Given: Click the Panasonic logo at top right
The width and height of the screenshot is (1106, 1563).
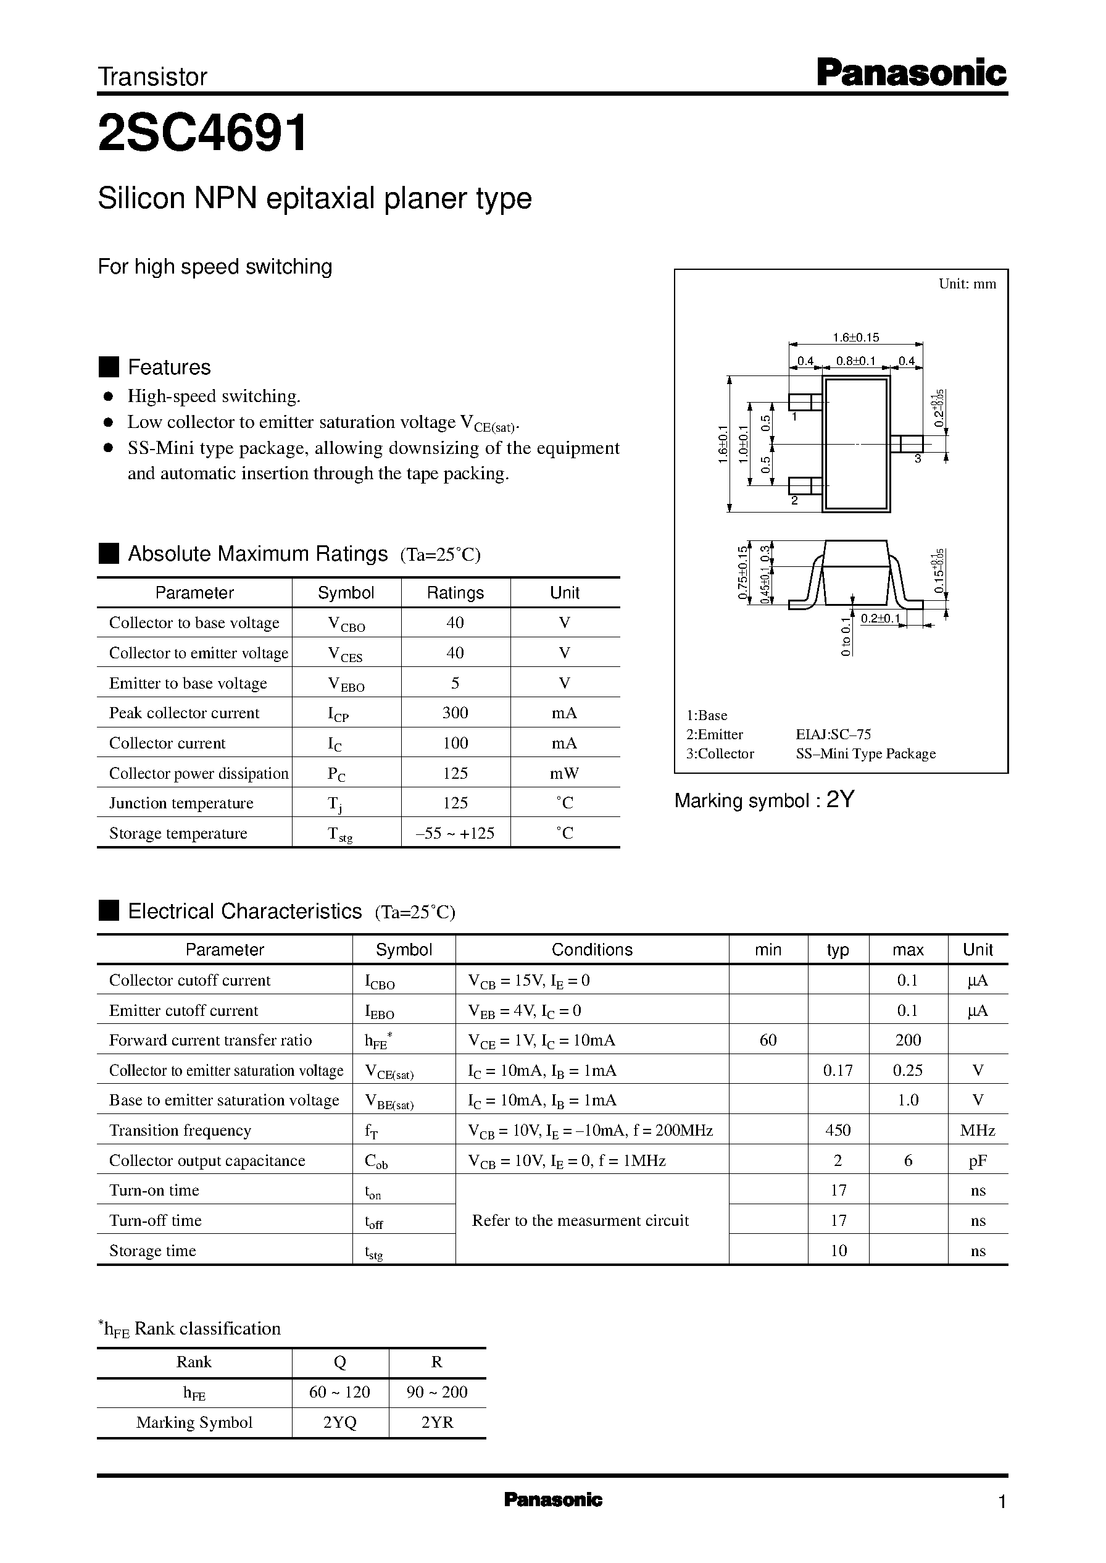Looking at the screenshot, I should [x=911, y=73].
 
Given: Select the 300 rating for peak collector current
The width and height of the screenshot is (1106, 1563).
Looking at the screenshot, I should [x=455, y=713].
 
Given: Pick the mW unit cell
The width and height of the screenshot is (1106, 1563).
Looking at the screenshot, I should [x=565, y=773].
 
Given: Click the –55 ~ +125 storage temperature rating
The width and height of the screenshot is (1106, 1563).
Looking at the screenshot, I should [x=455, y=833].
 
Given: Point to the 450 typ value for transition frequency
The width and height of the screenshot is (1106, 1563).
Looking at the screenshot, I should [x=838, y=1130].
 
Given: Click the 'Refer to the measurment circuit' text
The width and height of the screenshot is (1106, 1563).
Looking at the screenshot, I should [x=580, y=1220].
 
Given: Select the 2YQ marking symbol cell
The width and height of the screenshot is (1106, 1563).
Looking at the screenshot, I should [x=340, y=1422].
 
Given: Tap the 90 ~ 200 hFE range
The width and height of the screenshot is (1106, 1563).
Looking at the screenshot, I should [x=436, y=1392].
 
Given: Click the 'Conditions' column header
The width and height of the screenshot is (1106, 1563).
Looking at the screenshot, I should [x=592, y=950].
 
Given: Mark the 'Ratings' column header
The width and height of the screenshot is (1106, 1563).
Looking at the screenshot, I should [x=455, y=593].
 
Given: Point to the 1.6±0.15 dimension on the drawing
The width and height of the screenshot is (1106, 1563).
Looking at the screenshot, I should [x=856, y=337].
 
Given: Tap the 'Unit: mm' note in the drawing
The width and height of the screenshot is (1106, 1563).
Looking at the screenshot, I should [x=967, y=284].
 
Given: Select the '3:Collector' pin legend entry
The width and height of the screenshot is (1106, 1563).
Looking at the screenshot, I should [x=720, y=753].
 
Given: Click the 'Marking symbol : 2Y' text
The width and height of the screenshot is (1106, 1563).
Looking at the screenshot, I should [x=763, y=800].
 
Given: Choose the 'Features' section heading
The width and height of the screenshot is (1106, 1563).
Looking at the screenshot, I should [x=169, y=367].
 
